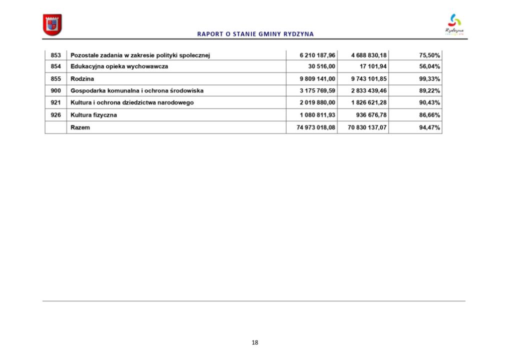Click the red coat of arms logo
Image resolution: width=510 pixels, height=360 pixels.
point(52,24)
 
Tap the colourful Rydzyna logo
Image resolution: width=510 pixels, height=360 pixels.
point(454,24)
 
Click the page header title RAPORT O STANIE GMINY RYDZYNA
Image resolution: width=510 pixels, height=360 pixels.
point(255,34)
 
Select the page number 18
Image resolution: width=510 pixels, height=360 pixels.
point(255,342)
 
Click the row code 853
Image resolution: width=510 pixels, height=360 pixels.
point(55,55)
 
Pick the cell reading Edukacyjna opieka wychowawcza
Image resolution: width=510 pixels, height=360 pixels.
point(119,66)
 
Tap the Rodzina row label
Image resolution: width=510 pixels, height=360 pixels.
point(82,78)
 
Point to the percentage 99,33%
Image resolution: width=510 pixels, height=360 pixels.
point(429,78)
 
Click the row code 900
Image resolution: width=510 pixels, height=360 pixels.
point(55,90)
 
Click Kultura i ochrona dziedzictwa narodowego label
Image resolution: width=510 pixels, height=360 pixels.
point(132,102)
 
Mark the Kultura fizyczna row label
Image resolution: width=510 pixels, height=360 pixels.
point(94,115)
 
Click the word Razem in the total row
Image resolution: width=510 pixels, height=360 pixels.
point(80,127)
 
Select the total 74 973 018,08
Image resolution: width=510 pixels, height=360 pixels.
point(312,127)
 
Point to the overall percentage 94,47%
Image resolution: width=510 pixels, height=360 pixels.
point(429,127)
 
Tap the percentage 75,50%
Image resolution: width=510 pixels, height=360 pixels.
point(429,55)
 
